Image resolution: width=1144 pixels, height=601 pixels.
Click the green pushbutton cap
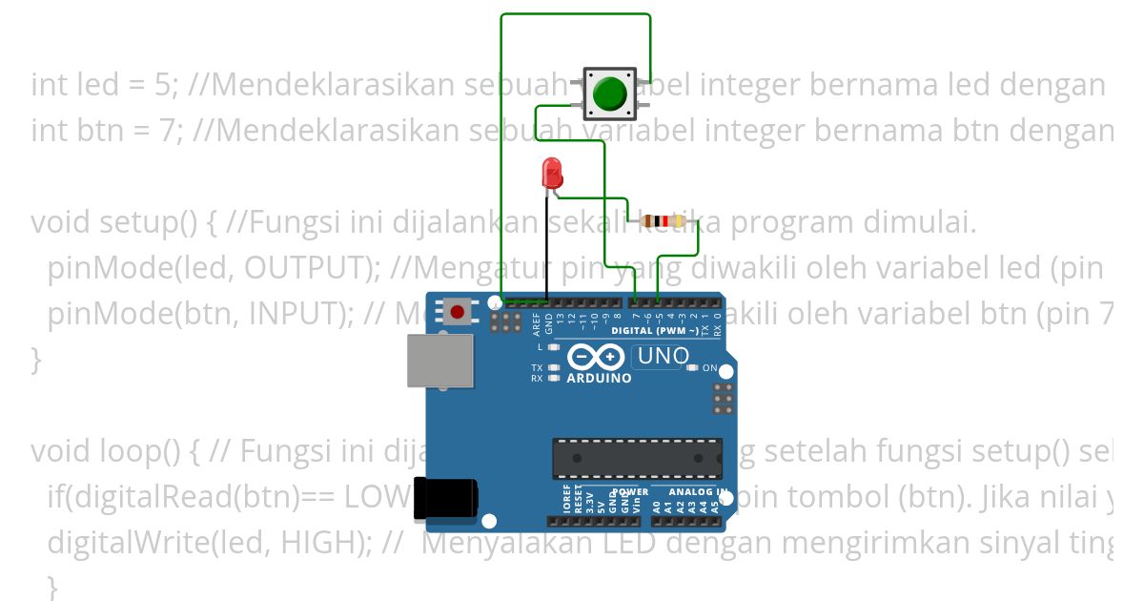pyautogui.click(x=609, y=93)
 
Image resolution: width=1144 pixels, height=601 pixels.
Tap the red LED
pyautogui.click(x=551, y=173)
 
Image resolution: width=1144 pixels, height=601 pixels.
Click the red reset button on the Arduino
pyautogui.click(x=458, y=311)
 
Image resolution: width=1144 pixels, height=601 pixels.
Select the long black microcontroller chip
pyautogui.click(x=637, y=459)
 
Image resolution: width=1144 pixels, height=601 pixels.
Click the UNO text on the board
pyautogui.click(x=663, y=357)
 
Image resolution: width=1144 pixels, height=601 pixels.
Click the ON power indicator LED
pyautogui.click(x=694, y=367)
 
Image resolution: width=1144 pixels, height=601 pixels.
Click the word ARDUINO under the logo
pyautogui.click(x=599, y=379)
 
